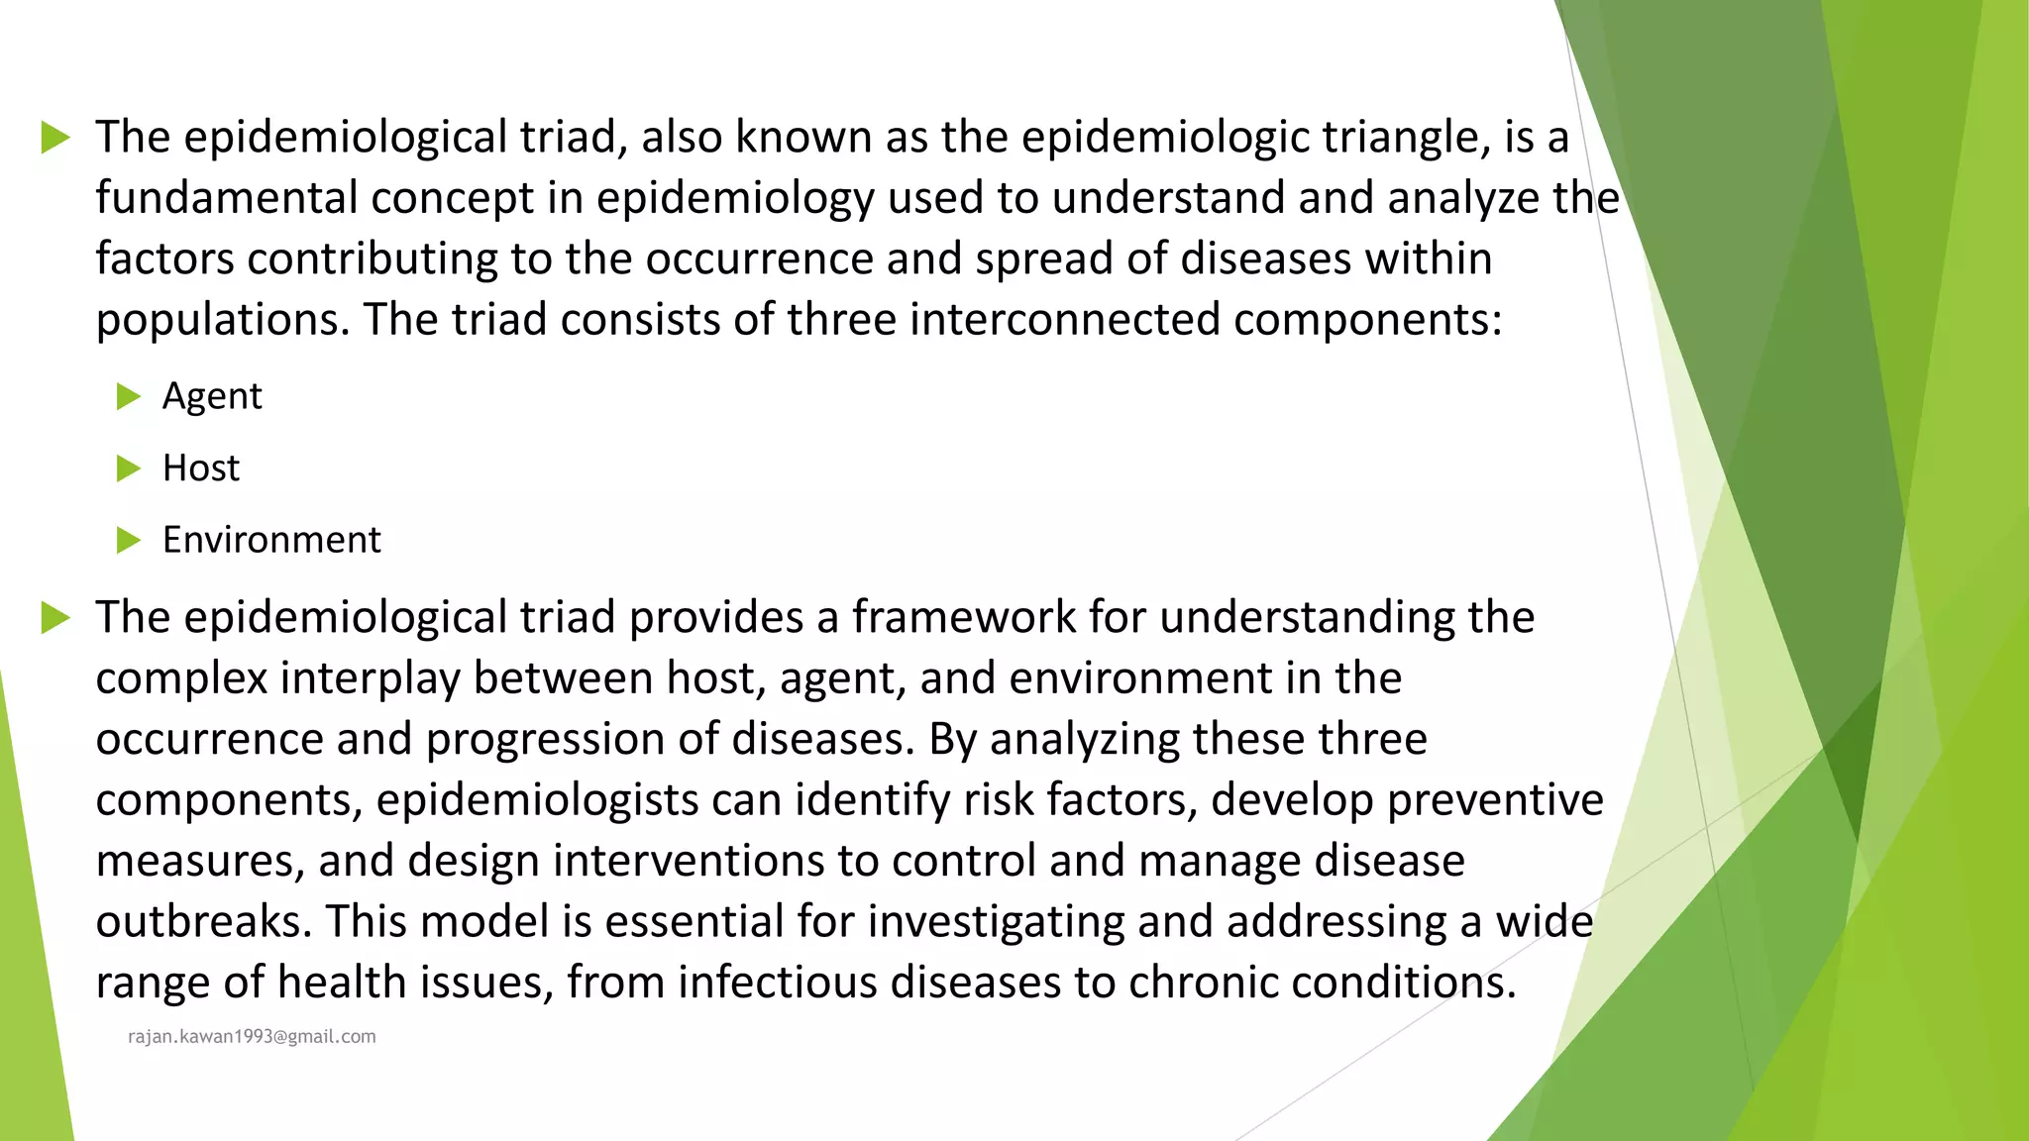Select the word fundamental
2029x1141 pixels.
(x=226, y=198)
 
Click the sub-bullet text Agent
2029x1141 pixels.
(x=212, y=397)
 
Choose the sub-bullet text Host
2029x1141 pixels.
(x=201, y=468)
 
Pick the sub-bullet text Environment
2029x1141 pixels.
(x=271, y=541)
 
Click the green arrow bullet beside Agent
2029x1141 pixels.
(x=129, y=397)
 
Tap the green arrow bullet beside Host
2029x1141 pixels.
(x=129, y=468)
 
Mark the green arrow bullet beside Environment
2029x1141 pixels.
(x=129, y=541)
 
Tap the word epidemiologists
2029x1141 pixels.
(x=536, y=800)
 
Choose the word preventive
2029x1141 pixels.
(x=1495, y=800)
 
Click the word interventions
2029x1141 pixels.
(x=689, y=861)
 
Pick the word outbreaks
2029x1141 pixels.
(x=203, y=922)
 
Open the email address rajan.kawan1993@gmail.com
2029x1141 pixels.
(x=252, y=1037)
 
